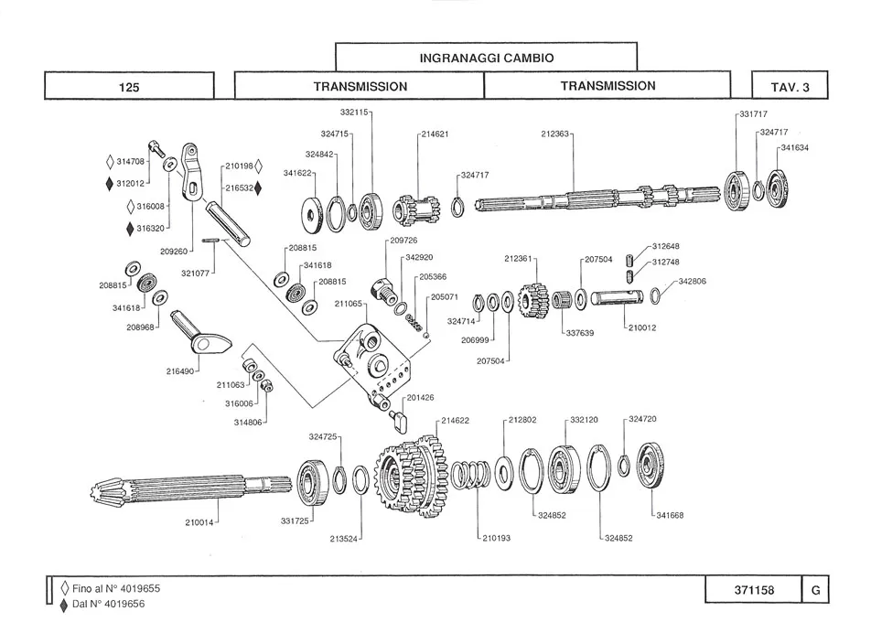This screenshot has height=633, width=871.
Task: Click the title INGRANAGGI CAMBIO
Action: [486, 57]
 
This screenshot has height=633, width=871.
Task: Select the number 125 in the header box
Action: [129, 87]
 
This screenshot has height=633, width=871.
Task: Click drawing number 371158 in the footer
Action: [754, 591]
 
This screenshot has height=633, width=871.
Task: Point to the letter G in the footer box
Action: [814, 591]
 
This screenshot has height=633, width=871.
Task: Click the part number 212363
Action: [555, 134]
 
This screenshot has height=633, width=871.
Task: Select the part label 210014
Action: [200, 523]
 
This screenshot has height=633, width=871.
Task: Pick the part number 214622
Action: [455, 421]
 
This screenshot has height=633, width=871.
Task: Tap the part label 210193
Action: [496, 538]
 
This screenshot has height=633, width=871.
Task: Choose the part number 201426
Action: [421, 398]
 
